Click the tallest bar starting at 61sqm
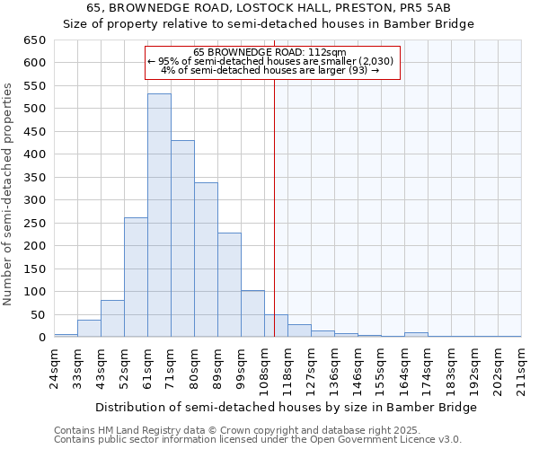tap(159, 216)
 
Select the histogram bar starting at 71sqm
tap(182, 239)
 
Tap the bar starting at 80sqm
tap(206, 260)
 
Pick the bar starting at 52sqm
tap(136, 277)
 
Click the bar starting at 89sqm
tap(229, 285)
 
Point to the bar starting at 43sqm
tap(112, 319)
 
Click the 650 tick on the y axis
tap(34, 40)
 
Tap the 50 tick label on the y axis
tap(38, 315)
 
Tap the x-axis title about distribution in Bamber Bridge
tap(286, 407)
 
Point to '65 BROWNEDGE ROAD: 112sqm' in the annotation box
tap(269, 53)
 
